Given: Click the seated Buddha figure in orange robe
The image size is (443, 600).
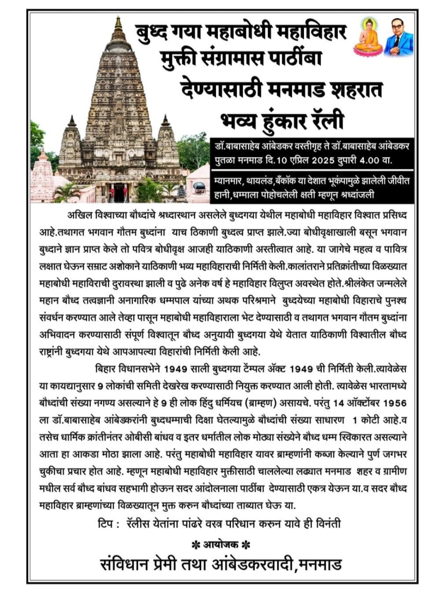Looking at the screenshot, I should coord(367,38).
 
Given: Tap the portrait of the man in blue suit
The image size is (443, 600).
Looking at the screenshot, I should coord(398,38).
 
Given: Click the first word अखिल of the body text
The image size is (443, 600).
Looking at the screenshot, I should coord(77,215).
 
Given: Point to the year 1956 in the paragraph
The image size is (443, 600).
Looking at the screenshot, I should coord(394,403).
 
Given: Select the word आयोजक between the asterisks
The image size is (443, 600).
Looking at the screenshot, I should coord(221,545).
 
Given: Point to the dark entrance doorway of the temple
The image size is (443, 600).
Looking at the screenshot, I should coord(119,193).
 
